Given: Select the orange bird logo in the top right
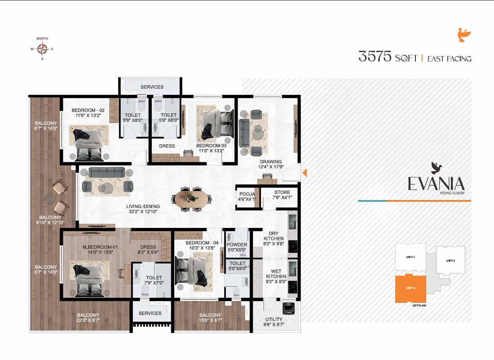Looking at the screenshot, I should [464, 36].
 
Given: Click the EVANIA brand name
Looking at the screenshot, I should [436, 184].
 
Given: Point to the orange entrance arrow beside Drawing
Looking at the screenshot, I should [304, 173].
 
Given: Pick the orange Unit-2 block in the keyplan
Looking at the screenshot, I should [410, 289].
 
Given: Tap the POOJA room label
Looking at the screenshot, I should [247, 194].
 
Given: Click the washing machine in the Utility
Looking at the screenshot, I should [287, 309].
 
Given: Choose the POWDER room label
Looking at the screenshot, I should [236, 245].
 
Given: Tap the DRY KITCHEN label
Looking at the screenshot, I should [273, 236].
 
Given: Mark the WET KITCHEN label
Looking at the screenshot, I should [275, 274].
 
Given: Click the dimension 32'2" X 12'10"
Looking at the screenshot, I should [143, 212].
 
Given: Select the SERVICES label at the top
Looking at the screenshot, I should [152, 87].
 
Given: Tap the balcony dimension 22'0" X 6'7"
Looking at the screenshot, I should [88, 321].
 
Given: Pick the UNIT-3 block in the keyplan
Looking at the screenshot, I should [450, 261].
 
